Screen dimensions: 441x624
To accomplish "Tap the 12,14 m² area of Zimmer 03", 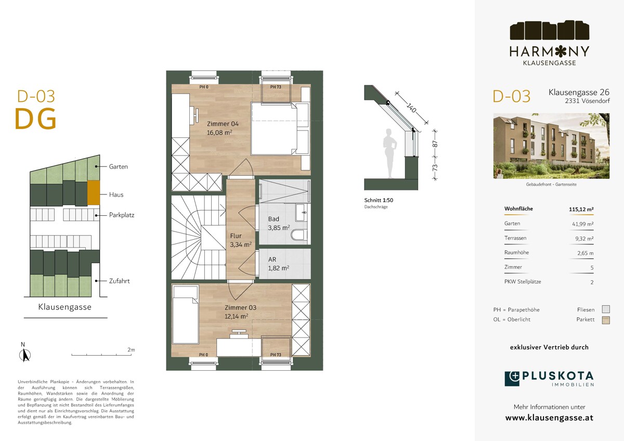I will [236, 316].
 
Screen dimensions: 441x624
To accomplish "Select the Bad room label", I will [274, 219].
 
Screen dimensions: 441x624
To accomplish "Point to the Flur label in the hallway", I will [236, 236].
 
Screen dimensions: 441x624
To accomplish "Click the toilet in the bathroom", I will [298, 236].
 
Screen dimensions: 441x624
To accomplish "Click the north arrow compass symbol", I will [24, 355].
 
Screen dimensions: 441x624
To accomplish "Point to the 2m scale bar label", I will [131, 350].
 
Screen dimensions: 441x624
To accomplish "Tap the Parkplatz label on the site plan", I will [122, 215].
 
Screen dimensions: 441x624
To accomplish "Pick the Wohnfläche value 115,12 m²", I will [581, 209].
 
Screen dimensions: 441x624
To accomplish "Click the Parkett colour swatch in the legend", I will [605, 320].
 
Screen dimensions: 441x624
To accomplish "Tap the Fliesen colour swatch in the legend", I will [605, 310].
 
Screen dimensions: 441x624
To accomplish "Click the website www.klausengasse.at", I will [549, 418].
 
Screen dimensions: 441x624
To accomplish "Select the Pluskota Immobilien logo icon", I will [512, 379].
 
